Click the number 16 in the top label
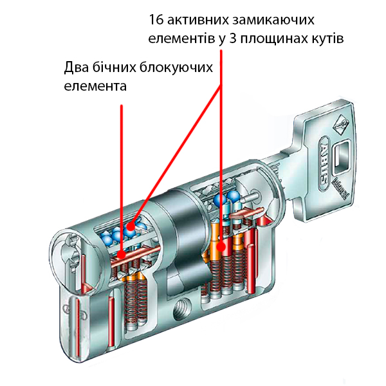pyautogui.click(x=155, y=18)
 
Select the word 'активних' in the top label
pyautogui.click(x=195, y=18)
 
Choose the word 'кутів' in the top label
pyautogui.click(x=327, y=37)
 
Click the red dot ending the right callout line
pyautogui.click(x=221, y=246)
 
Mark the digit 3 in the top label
pyautogui.click(x=232, y=37)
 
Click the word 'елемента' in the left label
pyautogui.click(x=95, y=86)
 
